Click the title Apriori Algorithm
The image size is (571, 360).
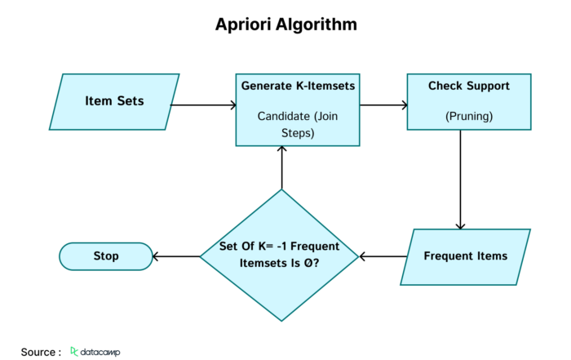pyautogui.click(x=285, y=24)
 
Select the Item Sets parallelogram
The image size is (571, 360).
pyautogui.click(x=114, y=102)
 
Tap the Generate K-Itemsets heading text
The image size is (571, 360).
pyautogui.click(x=298, y=86)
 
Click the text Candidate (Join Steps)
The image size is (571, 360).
pyautogui.click(x=298, y=124)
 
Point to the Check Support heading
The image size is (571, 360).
pyautogui.click(x=469, y=86)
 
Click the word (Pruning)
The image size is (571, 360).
pyautogui.click(x=469, y=116)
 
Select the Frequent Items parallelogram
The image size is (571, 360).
pyautogui.click(x=466, y=257)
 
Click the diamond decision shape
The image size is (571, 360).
pyautogui.click(x=279, y=255)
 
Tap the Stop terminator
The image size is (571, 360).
pyautogui.click(x=106, y=256)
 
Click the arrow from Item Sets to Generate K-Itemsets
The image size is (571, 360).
pyautogui.click(x=203, y=105)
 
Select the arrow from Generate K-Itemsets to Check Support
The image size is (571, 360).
pyautogui.click(x=383, y=105)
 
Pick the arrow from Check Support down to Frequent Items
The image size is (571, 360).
pyautogui.click(x=460, y=180)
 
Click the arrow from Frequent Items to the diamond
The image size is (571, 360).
pyautogui.click(x=383, y=256)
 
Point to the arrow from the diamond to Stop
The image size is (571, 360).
pyautogui.click(x=176, y=256)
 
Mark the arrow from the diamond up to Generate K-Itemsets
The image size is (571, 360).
pyautogui.click(x=281, y=167)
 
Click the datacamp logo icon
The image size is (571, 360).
pyautogui.click(x=74, y=351)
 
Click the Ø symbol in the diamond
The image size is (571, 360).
pyautogui.click(x=308, y=263)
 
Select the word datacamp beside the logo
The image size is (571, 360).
pyautogui.click(x=100, y=352)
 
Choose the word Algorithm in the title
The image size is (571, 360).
pyautogui.click(x=316, y=24)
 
